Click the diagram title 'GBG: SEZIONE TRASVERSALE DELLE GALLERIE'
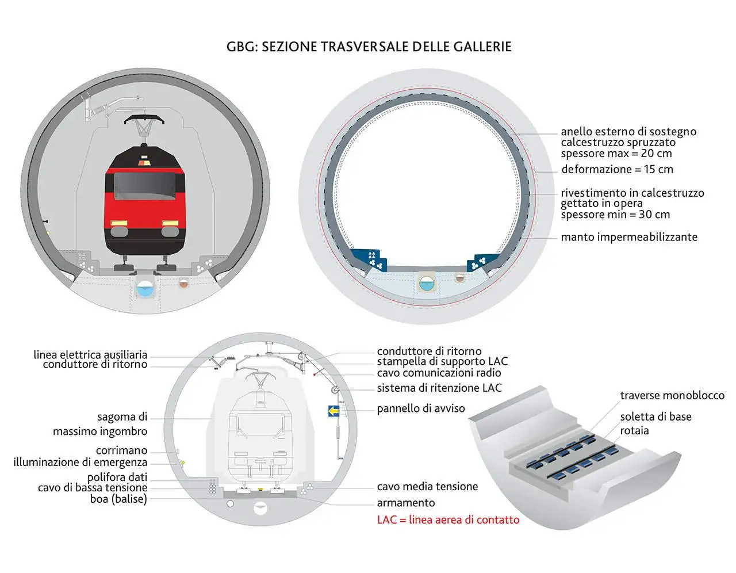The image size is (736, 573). (x=369, y=47)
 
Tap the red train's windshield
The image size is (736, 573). (x=145, y=186)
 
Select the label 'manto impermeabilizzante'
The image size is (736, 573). (x=629, y=237)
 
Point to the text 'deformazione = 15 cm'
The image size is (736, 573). (x=617, y=169)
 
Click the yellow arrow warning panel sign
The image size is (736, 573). (x=333, y=411)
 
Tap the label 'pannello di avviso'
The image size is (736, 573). (x=421, y=408)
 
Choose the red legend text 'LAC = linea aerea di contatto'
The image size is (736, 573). (x=448, y=519)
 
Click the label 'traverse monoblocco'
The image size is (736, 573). (x=672, y=395)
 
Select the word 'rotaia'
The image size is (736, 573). (x=634, y=431)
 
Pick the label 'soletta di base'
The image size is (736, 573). (x=655, y=417)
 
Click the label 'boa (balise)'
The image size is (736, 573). (x=118, y=499)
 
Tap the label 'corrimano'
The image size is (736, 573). (x=121, y=450)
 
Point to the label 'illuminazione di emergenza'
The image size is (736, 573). (x=80, y=462)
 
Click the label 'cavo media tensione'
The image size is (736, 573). (x=427, y=487)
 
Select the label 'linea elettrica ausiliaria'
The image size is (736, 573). (x=90, y=354)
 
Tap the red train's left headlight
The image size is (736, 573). (x=119, y=223)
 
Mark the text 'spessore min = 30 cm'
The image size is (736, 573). (x=615, y=215)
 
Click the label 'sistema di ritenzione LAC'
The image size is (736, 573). (x=439, y=388)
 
